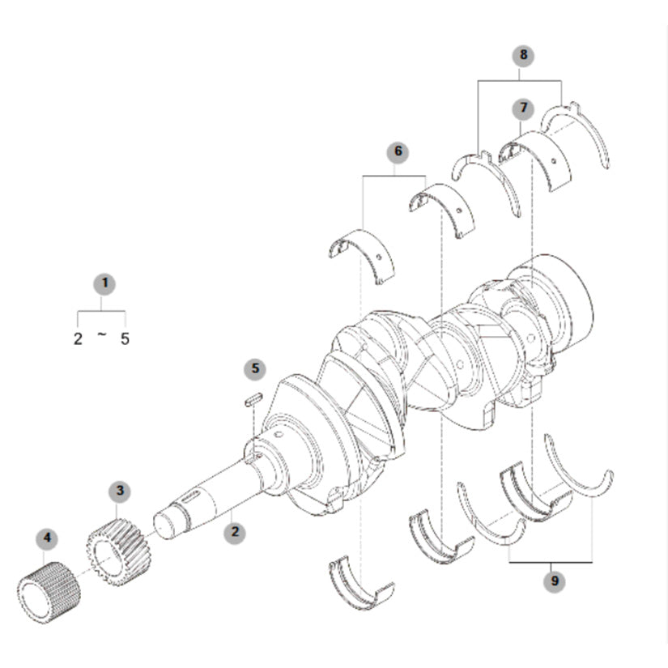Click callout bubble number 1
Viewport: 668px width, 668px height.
pyautogui.click(x=104, y=283)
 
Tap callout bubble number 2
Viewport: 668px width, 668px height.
pyautogui.click(x=235, y=532)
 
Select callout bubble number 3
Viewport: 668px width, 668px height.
pyautogui.click(x=120, y=491)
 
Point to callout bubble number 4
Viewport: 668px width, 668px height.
pyautogui.click(x=47, y=538)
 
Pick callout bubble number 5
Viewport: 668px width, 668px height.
pyautogui.click(x=255, y=369)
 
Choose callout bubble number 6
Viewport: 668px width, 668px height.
pyautogui.click(x=398, y=152)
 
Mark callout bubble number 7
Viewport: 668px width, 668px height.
pyautogui.click(x=523, y=108)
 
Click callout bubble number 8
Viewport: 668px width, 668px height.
pyautogui.click(x=523, y=55)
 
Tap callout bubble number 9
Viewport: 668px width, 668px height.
pyautogui.click(x=555, y=581)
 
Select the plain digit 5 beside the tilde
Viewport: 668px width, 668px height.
pyautogui.click(x=125, y=339)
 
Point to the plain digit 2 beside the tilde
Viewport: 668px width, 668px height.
pyautogui.click(x=78, y=339)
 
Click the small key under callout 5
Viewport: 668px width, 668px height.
pyautogui.click(x=253, y=400)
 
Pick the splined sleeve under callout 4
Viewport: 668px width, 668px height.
pyautogui.click(x=49, y=593)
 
